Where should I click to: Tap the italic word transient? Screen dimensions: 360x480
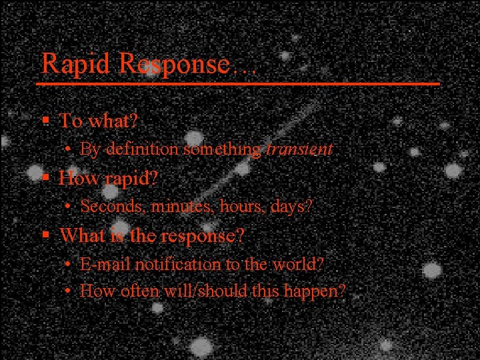299,149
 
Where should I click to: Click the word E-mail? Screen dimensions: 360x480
106,264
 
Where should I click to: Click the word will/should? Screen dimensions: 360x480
203,291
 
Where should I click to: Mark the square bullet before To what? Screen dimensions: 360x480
45,122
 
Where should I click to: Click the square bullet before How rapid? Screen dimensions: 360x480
45,179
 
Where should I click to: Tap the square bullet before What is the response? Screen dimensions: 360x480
45,236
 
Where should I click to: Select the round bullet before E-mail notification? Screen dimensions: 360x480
69,265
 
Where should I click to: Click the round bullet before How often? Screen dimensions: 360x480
69,291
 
